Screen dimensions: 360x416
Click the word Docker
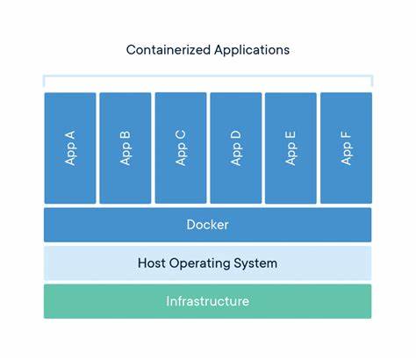pyautogui.click(x=208, y=225)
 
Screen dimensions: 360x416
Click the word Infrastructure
pyautogui.click(x=208, y=301)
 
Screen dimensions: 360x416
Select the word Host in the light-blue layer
pyautogui.click(x=153, y=263)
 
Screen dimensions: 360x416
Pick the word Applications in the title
pyautogui.click(x=252, y=50)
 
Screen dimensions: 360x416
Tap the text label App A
pyautogui.click(x=70, y=148)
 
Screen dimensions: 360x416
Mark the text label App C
pyautogui.click(x=181, y=148)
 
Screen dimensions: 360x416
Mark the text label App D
pyautogui.click(x=235, y=148)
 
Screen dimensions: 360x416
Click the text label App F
pyautogui.click(x=346, y=148)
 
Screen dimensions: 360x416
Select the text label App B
pyautogui.click(x=126, y=148)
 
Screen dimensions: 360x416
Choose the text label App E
pyautogui.click(x=290, y=148)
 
